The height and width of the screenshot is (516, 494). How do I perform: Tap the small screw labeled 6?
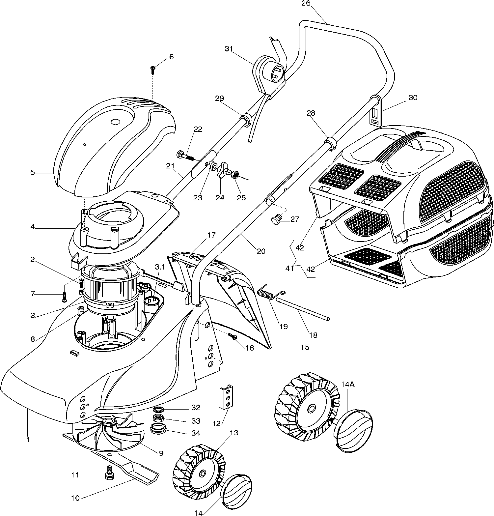click(x=153, y=69)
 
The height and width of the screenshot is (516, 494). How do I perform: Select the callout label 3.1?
click(x=159, y=267)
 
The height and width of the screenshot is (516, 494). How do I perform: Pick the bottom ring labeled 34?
click(x=157, y=429)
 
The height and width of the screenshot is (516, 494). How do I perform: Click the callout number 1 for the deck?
click(x=28, y=439)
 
